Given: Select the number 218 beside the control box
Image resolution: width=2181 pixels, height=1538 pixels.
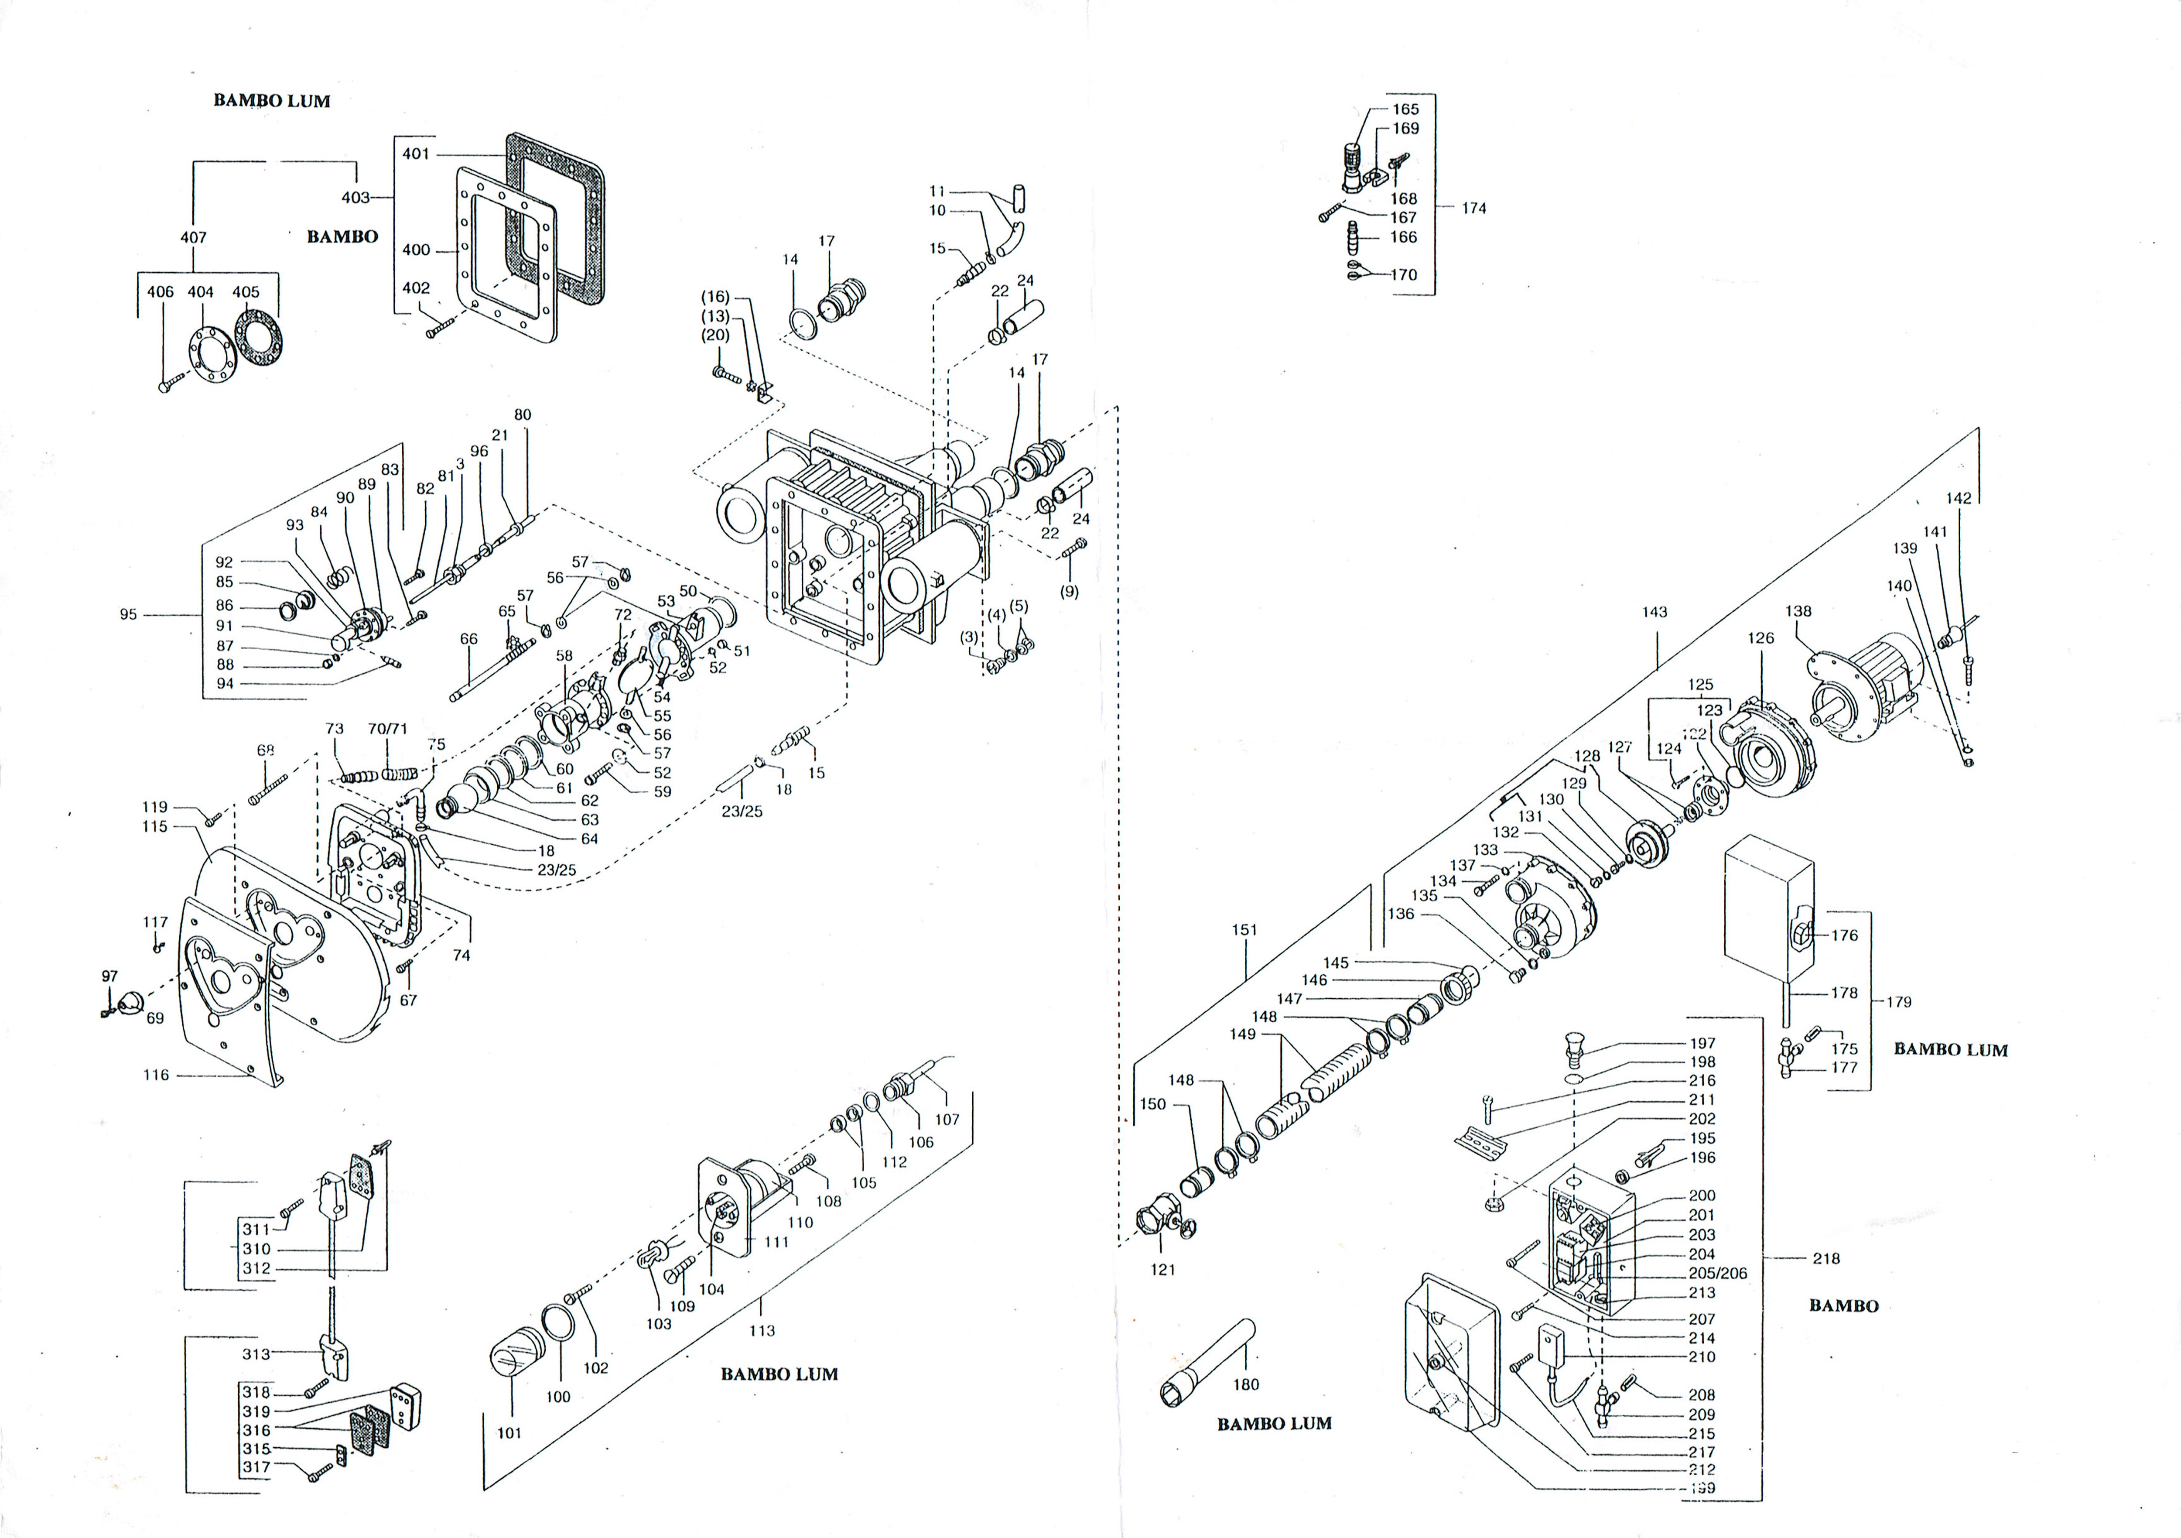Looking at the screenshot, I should [1826, 1259].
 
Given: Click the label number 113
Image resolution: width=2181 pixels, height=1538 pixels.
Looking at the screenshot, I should [762, 1331].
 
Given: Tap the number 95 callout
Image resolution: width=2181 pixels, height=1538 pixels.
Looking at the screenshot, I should [128, 615].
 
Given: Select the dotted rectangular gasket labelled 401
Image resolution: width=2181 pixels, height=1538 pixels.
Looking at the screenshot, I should [556, 219].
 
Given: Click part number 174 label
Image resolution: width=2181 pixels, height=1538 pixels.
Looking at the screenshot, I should [1473, 208].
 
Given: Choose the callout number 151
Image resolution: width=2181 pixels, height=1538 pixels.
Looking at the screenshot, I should [1244, 930].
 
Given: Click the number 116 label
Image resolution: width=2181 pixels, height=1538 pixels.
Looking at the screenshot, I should [156, 1076].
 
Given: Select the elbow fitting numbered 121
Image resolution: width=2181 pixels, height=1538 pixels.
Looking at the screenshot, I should [1157, 1230].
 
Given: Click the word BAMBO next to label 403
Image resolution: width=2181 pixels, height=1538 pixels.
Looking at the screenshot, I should [342, 236].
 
